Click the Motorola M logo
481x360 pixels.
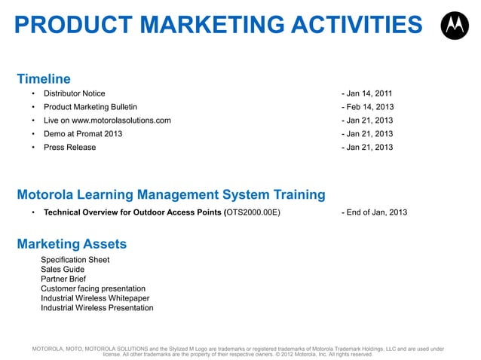pyautogui.click(x=453, y=27)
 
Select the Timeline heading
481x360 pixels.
pyautogui.click(x=44, y=78)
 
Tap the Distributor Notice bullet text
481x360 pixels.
pyautogui.click(x=75, y=93)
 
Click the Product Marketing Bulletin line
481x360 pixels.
pyautogui.click(x=90, y=107)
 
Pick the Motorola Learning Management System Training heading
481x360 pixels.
pyautogui.click(x=171, y=195)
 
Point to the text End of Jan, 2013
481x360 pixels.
pyautogui.click(x=376, y=212)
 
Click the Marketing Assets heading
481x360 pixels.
pyautogui.click(x=72, y=244)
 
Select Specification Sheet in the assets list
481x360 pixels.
pyautogui.click(x=75, y=260)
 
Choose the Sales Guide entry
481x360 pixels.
pyautogui.click(x=63, y=269)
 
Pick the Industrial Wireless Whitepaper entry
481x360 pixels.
pyautogui.click(x=93, y=298)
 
